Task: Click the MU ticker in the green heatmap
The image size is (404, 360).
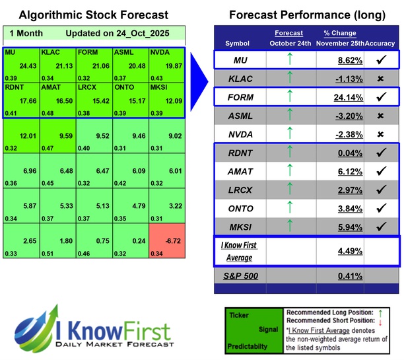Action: [x=11, y=52]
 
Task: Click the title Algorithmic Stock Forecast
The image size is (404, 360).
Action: [x=94, y=15]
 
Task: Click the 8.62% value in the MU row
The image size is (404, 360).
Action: [x=337, y=61]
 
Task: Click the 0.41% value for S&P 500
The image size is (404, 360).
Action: [x=337, y=274]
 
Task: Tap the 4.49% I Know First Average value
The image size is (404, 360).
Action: [x=337, y=250]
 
